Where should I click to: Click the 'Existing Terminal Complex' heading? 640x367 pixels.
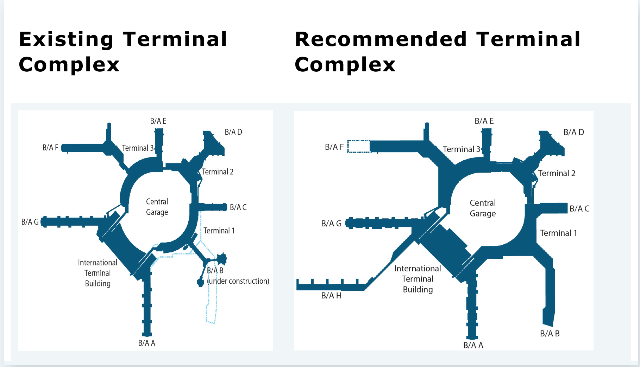click(123, 52)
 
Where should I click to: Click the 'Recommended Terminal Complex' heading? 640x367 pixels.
click(438, 52)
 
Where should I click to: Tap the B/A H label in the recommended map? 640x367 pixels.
click(331, 296)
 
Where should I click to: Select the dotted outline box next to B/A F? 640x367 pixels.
click(359, 146)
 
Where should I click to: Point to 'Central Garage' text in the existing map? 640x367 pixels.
click(157, 207)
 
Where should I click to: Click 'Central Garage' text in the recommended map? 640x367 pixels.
click(483, 208)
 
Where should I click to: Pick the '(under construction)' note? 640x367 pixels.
click(238, 281)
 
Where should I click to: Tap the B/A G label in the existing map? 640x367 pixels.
click(30, 222)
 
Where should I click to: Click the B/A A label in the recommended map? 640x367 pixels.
click(473, 345)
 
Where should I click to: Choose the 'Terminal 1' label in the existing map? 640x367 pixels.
click(219, 231)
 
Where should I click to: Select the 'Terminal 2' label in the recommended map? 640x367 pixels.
click(557, 173)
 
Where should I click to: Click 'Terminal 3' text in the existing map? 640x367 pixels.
click(138, 148)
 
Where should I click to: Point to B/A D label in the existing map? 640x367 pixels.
click(233, 132)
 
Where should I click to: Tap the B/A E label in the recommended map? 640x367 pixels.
click(484, 121)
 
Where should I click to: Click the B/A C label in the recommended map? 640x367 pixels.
click(579, 208)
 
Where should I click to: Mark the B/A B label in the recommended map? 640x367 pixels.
click(550, 334)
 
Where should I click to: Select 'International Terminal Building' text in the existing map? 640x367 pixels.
click(98, 273)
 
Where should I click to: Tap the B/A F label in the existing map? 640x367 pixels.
click(50, 148)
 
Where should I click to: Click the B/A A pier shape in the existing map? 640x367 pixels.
click(147, 302)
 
